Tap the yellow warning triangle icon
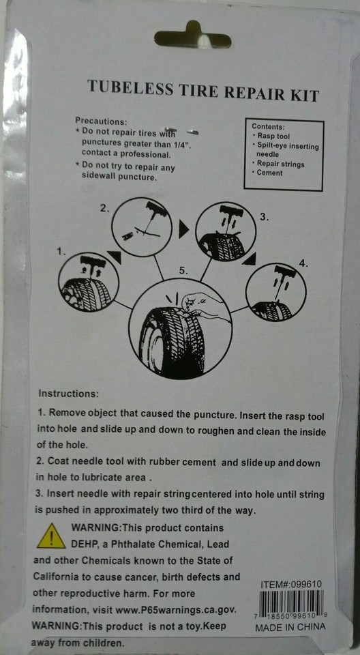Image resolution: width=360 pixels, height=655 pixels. [51, 537]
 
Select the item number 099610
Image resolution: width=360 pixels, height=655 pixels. [306, 585]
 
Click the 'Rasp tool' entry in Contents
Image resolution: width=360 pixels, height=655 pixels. [273, 136]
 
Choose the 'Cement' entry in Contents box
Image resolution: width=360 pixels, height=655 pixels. [269, 173]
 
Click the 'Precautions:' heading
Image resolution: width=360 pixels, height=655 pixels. [101, 121]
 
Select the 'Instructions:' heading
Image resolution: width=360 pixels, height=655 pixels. [68, 394]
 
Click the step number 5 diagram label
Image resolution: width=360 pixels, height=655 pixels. [183, 271]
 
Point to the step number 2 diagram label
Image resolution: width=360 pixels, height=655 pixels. [104, 208]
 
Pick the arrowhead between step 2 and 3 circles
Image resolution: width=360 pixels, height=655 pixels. [184, 229]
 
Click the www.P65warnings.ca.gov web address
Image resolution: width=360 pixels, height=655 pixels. [177, 610]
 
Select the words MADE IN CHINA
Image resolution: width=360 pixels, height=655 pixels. [290, 628]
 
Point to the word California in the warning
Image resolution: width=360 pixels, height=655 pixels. [55, 577]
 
